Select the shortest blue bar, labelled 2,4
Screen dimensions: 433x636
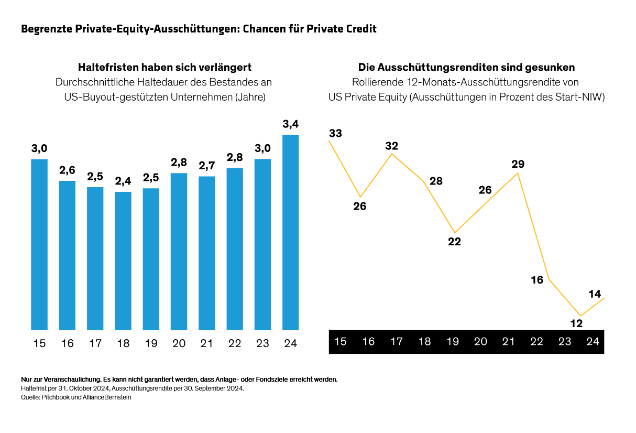point(123,261)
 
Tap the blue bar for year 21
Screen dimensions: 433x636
point(206,253)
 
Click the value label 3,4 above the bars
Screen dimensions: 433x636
point(290,124)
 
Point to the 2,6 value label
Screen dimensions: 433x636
point(67,170)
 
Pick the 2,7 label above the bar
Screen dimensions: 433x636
point(206,166)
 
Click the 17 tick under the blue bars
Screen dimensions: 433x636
point(95,343)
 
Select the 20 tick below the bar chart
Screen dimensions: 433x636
point(179,343)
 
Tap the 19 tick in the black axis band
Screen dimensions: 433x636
point(453,342)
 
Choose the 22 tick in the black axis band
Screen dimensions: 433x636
point(536,342)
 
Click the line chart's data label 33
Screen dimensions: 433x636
point(335,133)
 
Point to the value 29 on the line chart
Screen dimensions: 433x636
point(518,164)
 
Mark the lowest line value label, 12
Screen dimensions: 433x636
point(576,323)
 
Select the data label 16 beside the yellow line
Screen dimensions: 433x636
point(537,280)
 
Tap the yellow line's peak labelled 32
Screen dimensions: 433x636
point(391,146)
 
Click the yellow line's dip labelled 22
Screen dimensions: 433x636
point(454,242)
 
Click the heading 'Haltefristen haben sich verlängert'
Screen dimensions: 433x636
point(165,67)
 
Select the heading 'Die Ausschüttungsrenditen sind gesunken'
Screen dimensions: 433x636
point(466,67)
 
